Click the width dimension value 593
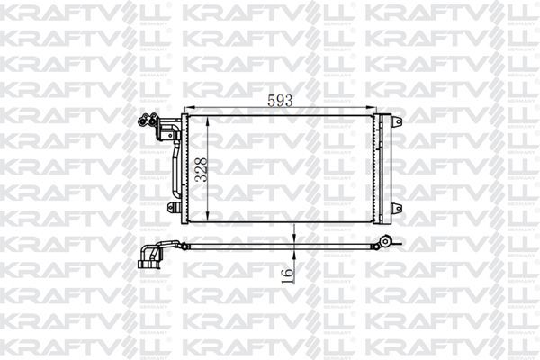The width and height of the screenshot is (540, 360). pyautogui.click(x=281, y=101)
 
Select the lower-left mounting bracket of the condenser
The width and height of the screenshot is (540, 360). pyautogui.click(x=172, y=208)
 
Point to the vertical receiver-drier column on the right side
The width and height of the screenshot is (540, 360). pyautogui.click(x=388, y=169)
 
